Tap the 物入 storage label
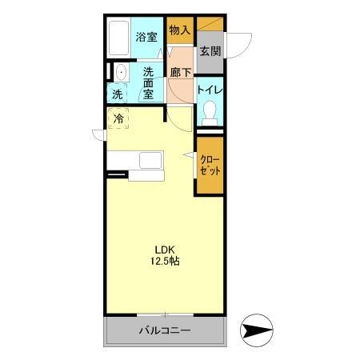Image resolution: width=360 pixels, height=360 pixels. coord(179,30)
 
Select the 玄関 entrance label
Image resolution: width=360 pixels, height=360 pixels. coord(210,52)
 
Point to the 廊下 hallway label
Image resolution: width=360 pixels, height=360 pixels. coord(181,73)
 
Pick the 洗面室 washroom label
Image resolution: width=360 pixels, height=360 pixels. coord(148,81)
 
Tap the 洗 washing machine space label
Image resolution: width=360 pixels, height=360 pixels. coord(118,94)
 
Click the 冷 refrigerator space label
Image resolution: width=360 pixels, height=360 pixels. coord(118,120)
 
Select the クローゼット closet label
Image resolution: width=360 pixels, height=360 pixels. coord(210,165)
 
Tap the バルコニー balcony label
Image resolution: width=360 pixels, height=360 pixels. coord(164,330)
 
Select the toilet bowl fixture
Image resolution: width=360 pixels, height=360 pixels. coord(210,113)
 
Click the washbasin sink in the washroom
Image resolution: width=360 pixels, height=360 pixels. coord(120,73)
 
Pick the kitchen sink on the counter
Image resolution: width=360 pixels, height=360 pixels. coord(150,160)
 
